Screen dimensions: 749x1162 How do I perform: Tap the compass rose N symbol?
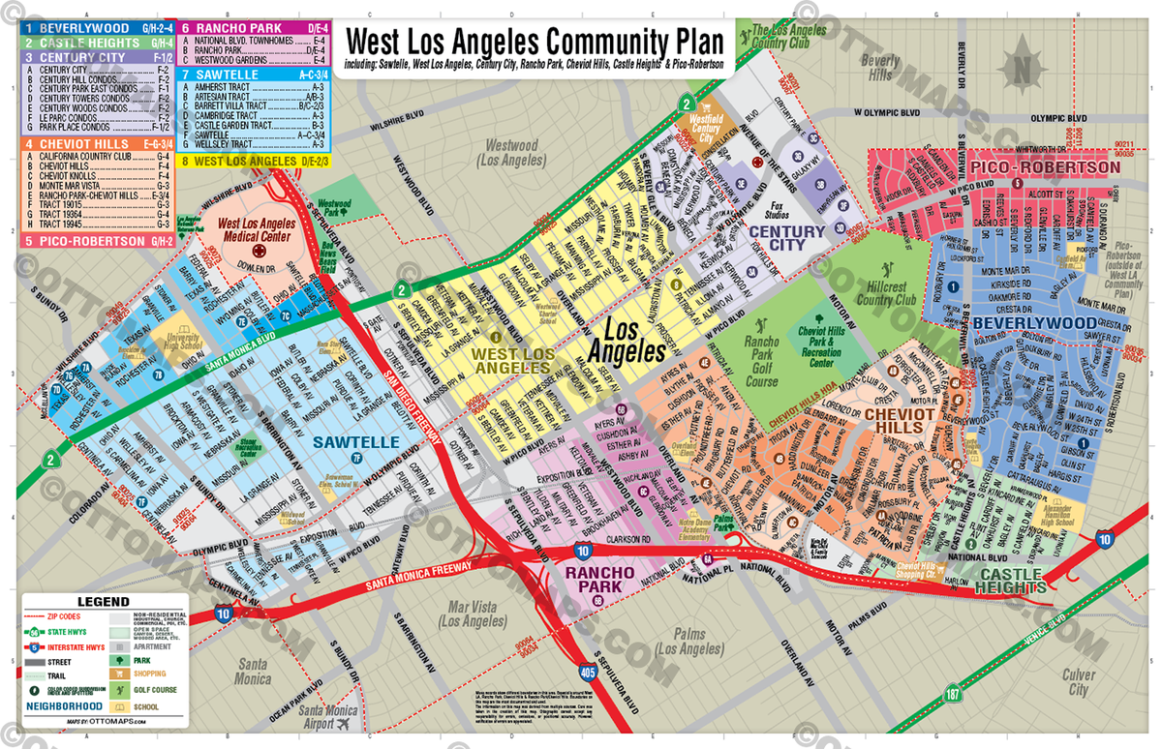click(x=1021, y=69)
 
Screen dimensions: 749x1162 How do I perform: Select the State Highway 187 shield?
click(x=954, y=694)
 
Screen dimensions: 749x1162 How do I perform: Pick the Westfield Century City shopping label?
click(x=705, y=128)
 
